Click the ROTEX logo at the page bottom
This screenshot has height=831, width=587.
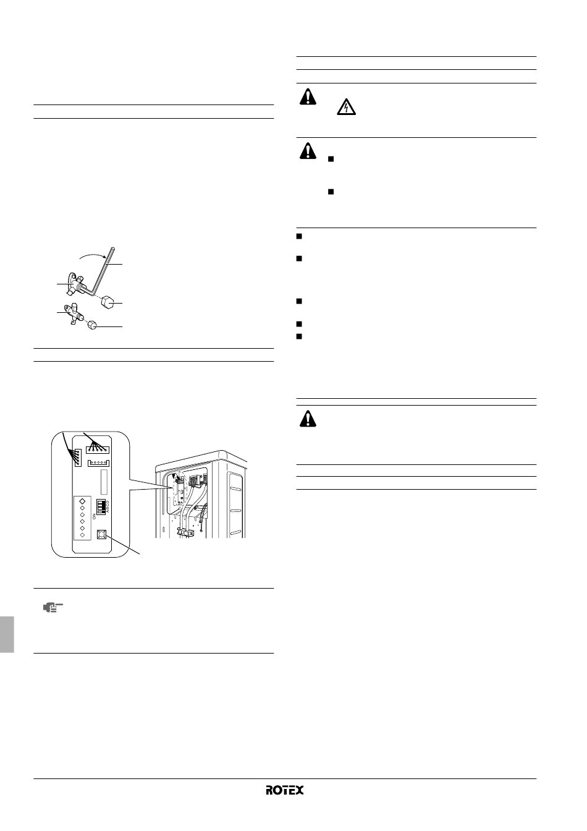coord(284,790)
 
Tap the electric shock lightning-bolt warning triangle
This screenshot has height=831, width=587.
coord(346,107)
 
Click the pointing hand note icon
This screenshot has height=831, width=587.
coord(53,608)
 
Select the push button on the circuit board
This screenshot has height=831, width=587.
coord(101,535)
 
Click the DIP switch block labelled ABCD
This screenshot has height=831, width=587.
coord(101,506)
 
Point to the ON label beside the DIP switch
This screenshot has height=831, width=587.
coord(94,516)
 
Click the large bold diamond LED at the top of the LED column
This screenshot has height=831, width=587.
coord(82,501)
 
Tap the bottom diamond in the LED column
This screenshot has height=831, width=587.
coord(82,535)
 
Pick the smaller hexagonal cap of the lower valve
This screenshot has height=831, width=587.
coord(92,325)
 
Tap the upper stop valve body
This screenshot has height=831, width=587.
coord(77,284)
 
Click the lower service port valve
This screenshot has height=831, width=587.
coord(74,313)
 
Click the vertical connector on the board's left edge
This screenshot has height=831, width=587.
coord(77,458)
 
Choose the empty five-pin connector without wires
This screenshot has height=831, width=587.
coord(98,463)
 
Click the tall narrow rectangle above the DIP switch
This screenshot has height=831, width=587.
coord(104,482)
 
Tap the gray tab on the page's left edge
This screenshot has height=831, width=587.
coord(7,634)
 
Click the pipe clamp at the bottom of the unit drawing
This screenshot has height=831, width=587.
coord(187,533)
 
